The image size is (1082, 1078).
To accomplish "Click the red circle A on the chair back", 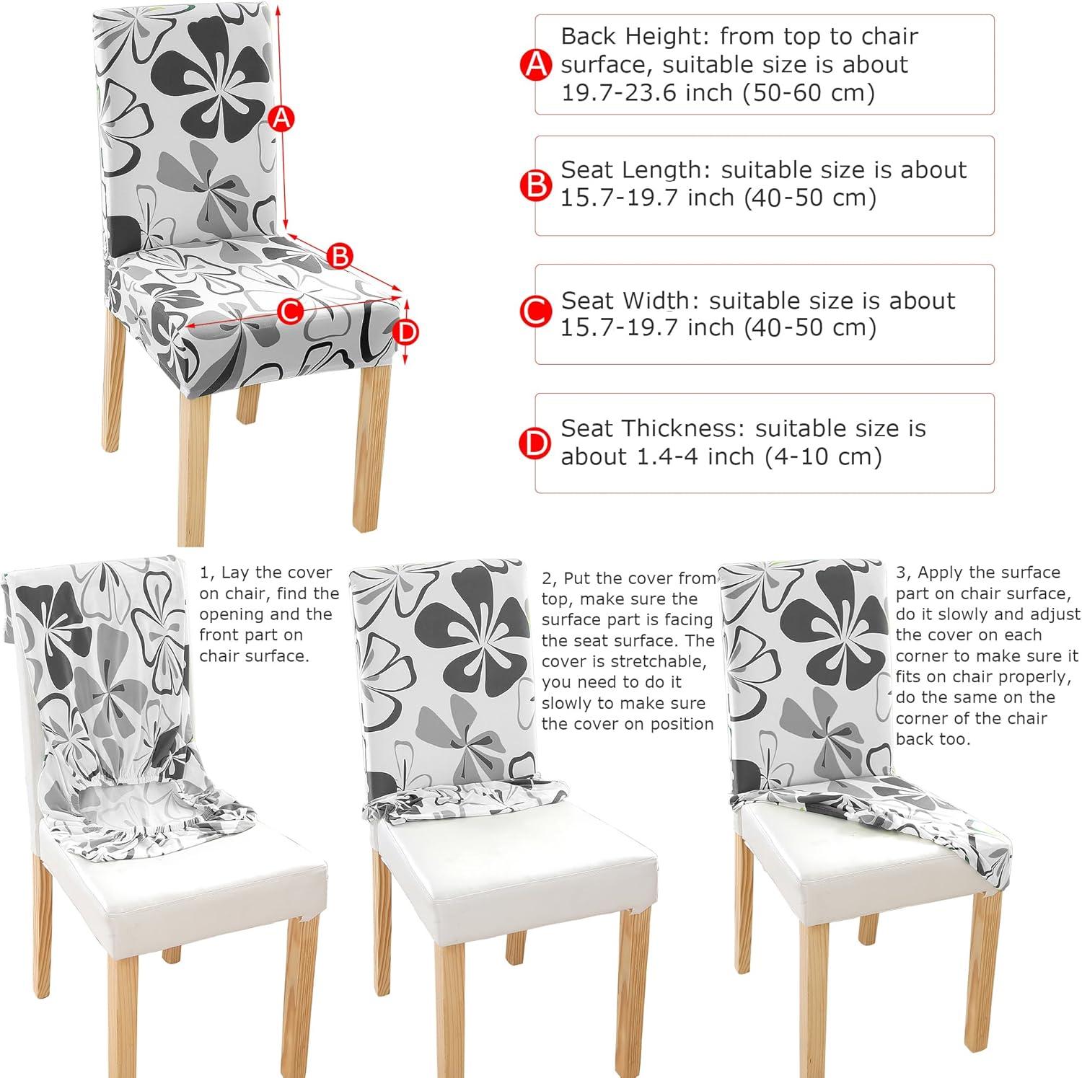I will click(x=282, y=118).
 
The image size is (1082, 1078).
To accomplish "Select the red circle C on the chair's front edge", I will click(x=289, y=312).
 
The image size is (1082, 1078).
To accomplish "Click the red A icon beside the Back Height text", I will click(x=536, y=65).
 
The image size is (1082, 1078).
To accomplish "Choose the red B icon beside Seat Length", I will click(x=536, y=185).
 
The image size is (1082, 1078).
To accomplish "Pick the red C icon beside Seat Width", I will click(x=536, y=314).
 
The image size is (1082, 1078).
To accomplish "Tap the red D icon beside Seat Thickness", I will click(x=536, y=443).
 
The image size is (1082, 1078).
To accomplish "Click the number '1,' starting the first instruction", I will click(x=208, y=573).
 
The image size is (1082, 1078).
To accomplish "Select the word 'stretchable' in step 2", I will click(x=656, y=661).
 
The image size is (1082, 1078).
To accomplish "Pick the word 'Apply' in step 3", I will click(x=942, y=573).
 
